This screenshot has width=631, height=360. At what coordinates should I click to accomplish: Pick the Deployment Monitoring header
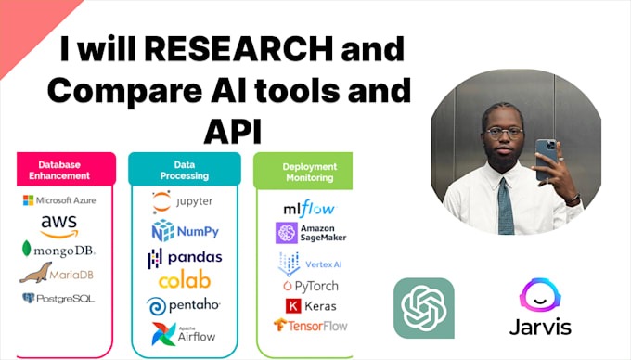309,171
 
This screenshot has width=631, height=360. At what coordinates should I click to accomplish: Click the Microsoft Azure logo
60,200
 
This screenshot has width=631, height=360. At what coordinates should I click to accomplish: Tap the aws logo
58,225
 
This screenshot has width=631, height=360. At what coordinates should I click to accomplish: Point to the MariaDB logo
58,273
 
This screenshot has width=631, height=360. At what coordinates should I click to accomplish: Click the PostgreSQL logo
58,298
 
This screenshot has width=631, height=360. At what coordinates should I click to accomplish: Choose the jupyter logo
182,201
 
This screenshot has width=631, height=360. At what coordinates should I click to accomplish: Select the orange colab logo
184,281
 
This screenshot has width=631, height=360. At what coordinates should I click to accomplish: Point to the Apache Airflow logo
183,332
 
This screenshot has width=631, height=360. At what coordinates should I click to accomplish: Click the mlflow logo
309,209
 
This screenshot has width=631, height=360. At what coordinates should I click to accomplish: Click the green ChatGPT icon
424,308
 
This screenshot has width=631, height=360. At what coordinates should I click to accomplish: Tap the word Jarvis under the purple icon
540,328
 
